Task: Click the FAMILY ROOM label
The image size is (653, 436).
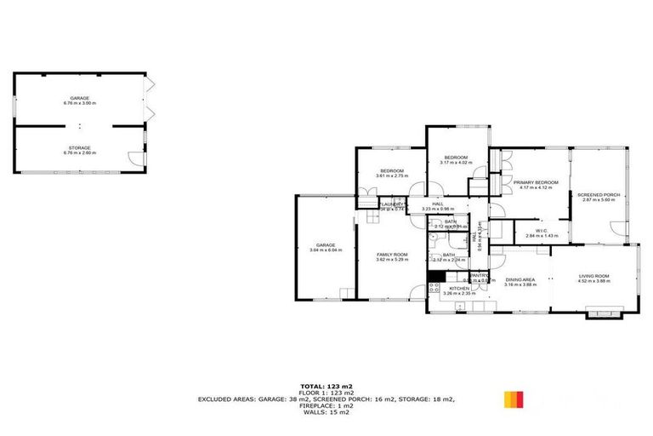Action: click(393, 254)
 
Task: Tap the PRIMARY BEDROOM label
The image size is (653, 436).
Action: click(536, 182)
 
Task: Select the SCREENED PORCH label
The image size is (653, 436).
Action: click(599, 195)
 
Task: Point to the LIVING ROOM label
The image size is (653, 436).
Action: click(594, 276)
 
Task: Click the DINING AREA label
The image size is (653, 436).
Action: click(519, 280)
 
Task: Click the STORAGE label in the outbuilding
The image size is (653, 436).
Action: click(80, 148)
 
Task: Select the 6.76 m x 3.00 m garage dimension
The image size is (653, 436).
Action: click(80, 103)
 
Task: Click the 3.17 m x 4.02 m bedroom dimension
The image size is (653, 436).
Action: click(457, 162)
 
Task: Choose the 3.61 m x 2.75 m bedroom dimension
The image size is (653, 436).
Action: click(392, 176)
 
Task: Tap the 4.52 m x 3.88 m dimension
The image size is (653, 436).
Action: click(594, 281)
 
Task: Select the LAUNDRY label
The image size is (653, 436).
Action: click(392, 204)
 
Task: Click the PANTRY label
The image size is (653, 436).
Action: click(480, 275)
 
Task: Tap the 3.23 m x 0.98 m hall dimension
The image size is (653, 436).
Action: click(438, 209)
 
